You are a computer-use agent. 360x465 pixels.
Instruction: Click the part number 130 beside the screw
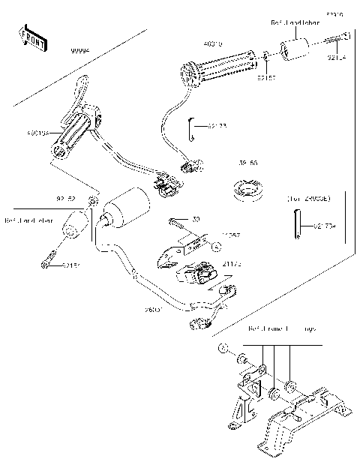[x=196, y=219]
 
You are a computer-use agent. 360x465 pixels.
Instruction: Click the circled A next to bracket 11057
[x=214, y=246]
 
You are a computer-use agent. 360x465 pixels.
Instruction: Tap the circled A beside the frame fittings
[x=223, y=350]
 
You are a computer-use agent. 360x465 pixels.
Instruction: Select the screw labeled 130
[x=178, y=223]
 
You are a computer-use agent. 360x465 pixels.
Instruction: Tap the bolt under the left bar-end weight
[x=47, y=261]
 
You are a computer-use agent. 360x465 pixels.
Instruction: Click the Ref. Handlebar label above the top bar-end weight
[x=293, y=24]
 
